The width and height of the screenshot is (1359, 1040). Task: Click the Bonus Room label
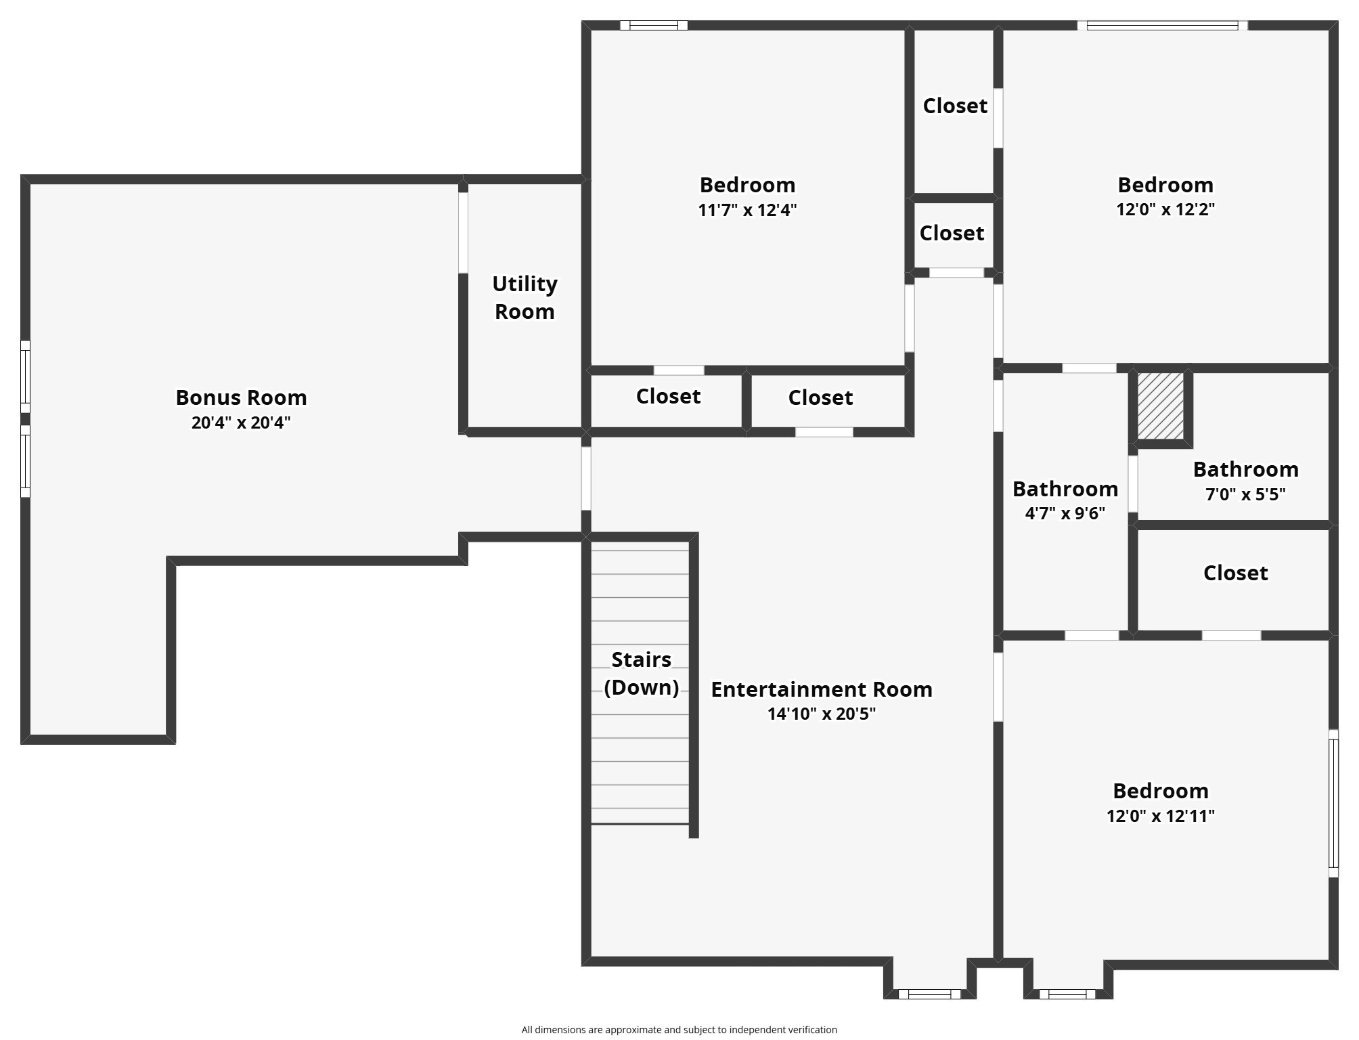click(x=241, y=397)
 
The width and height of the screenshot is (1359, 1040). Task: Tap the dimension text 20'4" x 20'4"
click(x=241, y=422)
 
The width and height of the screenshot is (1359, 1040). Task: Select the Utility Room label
click(x=525, y=297)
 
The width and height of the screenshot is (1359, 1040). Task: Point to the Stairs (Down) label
click(x=641, y=673)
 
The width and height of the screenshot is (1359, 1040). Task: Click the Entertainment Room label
click(x=821, y=689)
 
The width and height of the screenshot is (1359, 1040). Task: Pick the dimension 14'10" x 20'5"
click(x=821, y=714)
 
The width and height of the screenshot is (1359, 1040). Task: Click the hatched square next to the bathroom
click(x=1160, y=406)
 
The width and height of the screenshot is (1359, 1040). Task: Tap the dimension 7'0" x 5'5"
click(x=1245, y=494)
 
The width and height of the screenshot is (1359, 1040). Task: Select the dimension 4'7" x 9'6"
click(x=1065, y=513)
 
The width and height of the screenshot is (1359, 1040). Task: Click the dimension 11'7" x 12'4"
click(x=747, y=210)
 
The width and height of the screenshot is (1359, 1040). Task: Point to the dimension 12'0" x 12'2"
click(x=1165, y=209)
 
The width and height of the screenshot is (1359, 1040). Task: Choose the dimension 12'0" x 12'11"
click(x=1160, y=816)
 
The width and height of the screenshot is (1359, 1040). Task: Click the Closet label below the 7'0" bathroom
click(x=1235, y=573)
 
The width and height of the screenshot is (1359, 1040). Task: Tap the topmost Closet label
click(x=954, y=106)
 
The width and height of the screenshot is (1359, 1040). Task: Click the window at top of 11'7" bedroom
click(x=654, y=26)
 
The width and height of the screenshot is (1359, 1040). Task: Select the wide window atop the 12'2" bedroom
click(x=1162, y=26)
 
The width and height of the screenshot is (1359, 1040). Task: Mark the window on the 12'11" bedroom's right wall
click(x=1333, y=803)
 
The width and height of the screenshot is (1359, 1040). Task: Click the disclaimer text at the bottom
click(x=679, y=1030)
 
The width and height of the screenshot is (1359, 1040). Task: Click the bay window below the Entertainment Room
click(x=929, y=994)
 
